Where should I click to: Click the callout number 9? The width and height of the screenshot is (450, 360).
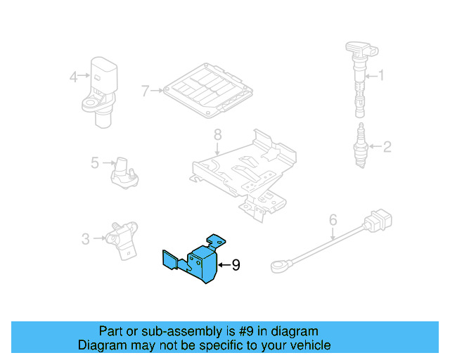click(236, 265)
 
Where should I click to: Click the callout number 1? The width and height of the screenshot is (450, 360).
click(382, 75)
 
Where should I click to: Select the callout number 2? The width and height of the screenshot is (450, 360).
click(386, 147)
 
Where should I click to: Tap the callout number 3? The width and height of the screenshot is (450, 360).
click(85, 239)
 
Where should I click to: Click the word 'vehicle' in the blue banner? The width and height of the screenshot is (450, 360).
click(305, 345)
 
